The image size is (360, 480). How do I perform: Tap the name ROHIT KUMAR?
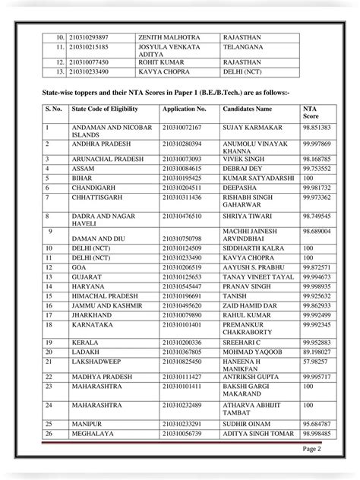158,63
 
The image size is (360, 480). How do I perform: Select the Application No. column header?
185,110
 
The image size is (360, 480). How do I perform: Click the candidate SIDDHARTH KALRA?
256,248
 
